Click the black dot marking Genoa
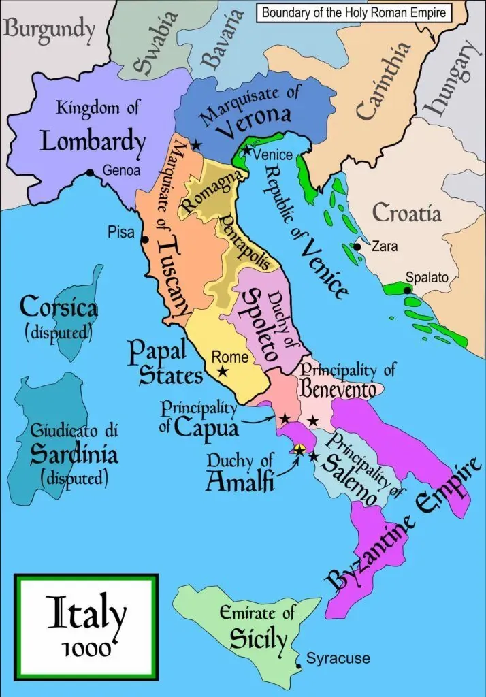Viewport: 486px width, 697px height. click(91, 173)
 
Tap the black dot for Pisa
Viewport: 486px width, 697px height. click(145, 240)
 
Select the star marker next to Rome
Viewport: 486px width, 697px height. click(222, 372)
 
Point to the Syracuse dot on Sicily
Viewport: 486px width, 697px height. click(298, 665)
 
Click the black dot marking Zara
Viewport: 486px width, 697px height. click(357, 246)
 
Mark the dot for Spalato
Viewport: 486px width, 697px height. click(407, 291)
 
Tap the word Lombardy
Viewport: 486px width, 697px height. click(93, 142)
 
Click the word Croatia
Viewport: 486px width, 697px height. click(406, 213)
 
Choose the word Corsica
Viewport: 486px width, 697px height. click(59, 307)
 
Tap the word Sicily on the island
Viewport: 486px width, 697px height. click(258, 638)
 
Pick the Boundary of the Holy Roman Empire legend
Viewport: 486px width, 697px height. click(353, 12)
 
